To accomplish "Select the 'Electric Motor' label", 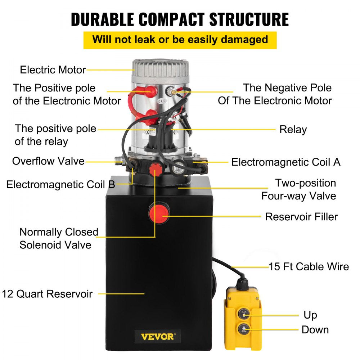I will (53, 69).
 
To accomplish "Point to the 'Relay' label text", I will (293, 130).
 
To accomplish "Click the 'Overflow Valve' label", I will (48, 161).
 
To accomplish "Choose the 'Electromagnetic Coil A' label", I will (286, 162).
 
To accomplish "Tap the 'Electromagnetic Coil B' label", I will (60, 185).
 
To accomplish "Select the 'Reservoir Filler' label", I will (301, 217).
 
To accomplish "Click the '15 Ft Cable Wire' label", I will (309, 266).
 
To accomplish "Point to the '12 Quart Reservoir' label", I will (47, 294).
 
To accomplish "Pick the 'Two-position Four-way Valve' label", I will (298, 189).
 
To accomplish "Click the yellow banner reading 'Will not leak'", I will (180, 40).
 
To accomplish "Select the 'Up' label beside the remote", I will (310, 315).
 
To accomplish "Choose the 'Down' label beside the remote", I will (315, 329).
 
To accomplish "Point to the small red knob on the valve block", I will (156, 168).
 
